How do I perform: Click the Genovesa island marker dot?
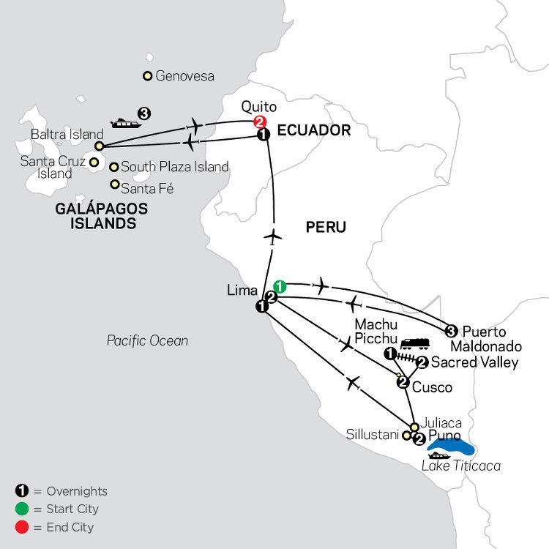[x=148, y=75]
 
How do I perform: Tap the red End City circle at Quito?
[x=258, y=122]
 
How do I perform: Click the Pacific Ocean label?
[x=147, y=340]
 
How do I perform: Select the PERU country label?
[x=326, y=228]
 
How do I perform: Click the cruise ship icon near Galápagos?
[x=124, y=122]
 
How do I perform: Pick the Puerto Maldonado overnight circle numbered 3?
[x=451, y=329]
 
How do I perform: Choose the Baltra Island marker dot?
[x=99, y=146]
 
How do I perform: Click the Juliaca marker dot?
[x=414, y=427]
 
